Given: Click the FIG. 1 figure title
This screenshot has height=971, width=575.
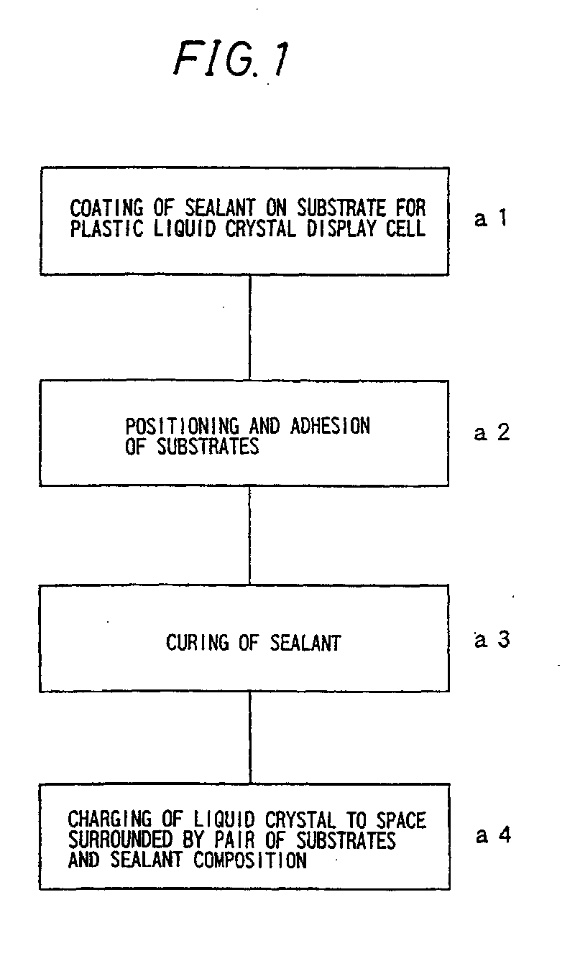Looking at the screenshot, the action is pos(232,59).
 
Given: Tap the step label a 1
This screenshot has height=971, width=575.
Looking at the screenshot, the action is pos(491,218).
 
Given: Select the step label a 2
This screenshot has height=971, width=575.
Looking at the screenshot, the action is pos(492,432).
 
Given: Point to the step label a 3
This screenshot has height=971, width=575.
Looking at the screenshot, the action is pos(492,639).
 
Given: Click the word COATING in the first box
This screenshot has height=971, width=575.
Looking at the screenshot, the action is pos(107,208).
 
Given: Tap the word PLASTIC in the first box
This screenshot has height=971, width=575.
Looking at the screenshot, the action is pos(107,228).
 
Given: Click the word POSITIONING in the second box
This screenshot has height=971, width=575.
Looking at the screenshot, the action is pos(183,426).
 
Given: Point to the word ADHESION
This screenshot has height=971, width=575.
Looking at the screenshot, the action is pos(330,426).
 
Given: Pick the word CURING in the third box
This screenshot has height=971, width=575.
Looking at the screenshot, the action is pos(197,642).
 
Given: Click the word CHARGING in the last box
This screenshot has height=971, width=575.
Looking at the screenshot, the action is pos(110,819).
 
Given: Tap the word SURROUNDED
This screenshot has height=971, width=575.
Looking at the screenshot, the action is pos(121,840).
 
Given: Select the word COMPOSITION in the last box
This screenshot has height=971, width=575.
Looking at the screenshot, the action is pos(250,860).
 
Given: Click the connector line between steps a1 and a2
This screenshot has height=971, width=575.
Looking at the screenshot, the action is pos(249,328).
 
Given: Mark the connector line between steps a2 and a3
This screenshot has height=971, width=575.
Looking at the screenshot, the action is pos(249,536).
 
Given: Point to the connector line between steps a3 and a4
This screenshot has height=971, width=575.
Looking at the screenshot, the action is pos(250,738).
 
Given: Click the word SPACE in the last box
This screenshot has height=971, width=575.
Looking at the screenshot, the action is pos(401,819).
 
